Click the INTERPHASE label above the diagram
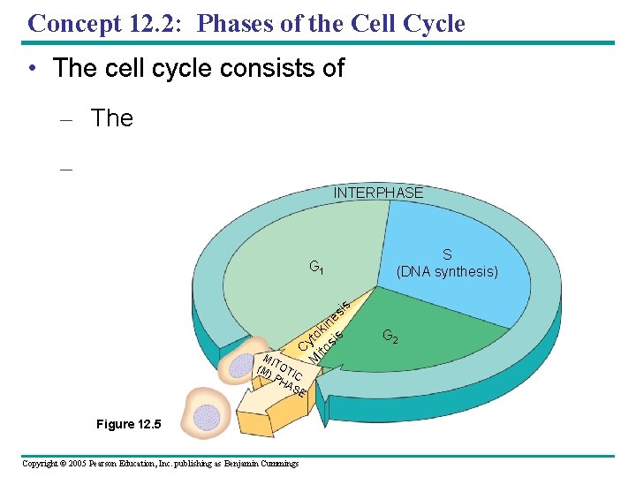377,193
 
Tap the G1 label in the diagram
315,266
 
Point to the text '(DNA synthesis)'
447,271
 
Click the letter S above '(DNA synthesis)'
447,255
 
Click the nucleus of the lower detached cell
206,416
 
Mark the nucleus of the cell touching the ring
241,367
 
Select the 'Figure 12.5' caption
129,425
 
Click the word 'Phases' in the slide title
232,23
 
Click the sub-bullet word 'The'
112,118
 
